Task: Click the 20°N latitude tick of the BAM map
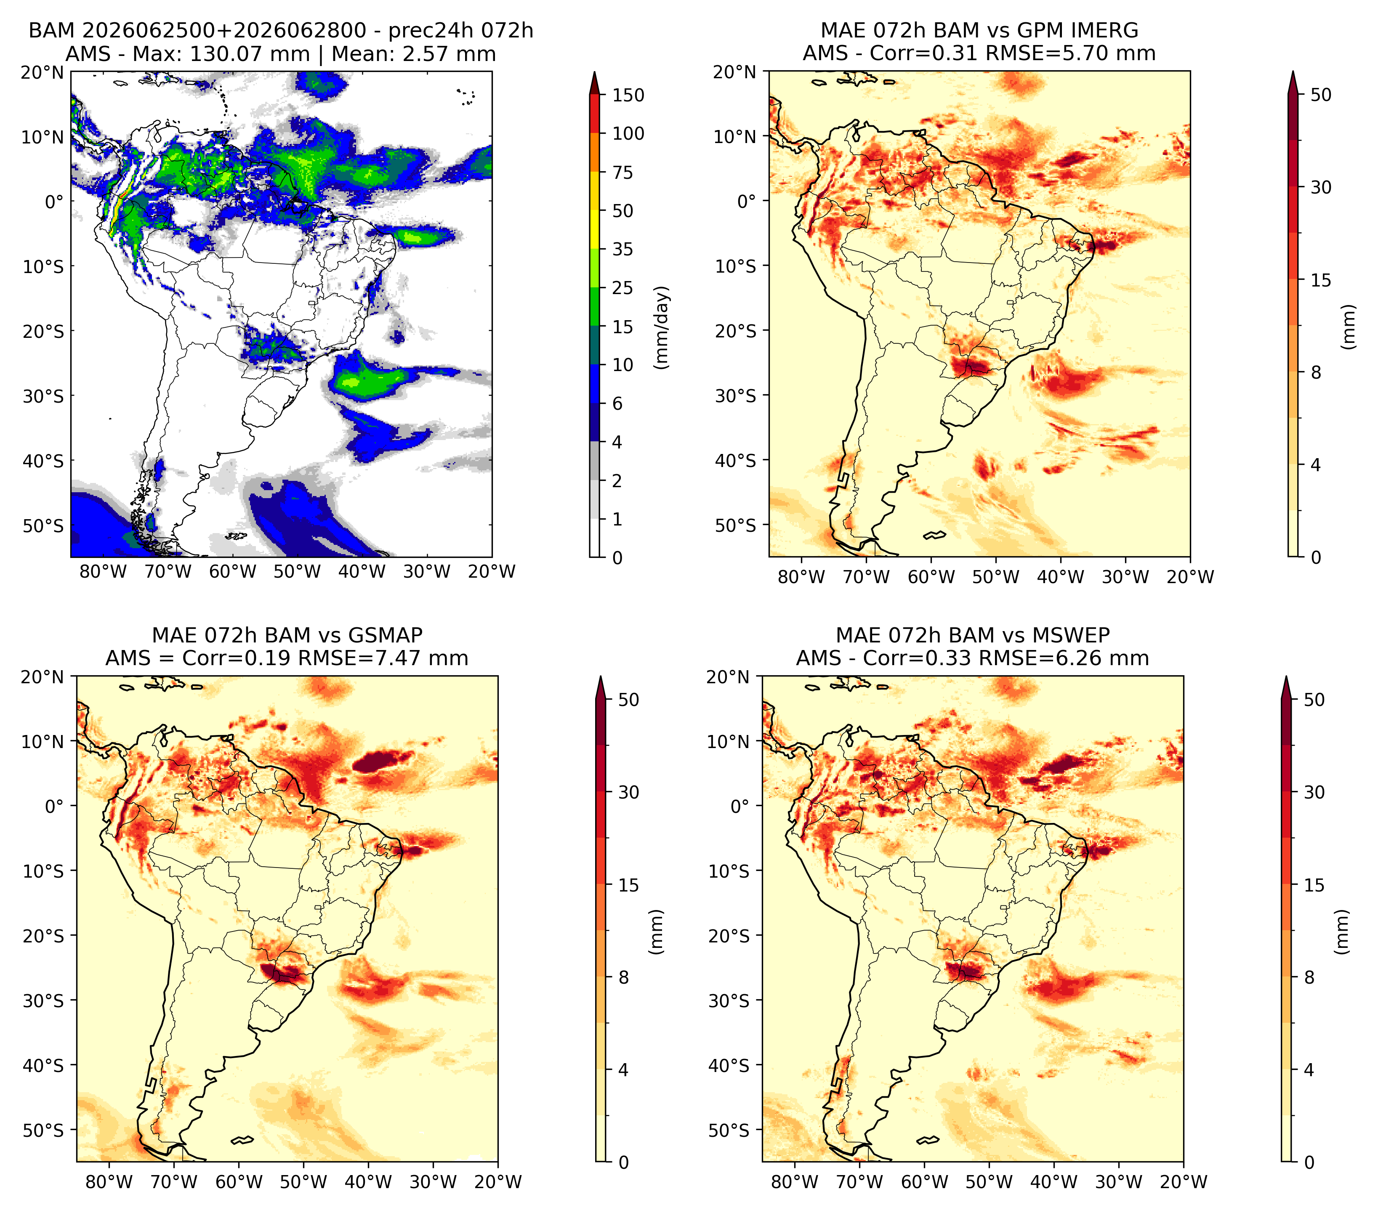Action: [42, 72]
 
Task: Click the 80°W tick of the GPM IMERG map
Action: [801, 577]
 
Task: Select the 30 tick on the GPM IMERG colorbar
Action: [1321, 187]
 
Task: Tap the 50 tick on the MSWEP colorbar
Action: [1314, 699]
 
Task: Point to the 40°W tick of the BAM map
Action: [362, 571]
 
